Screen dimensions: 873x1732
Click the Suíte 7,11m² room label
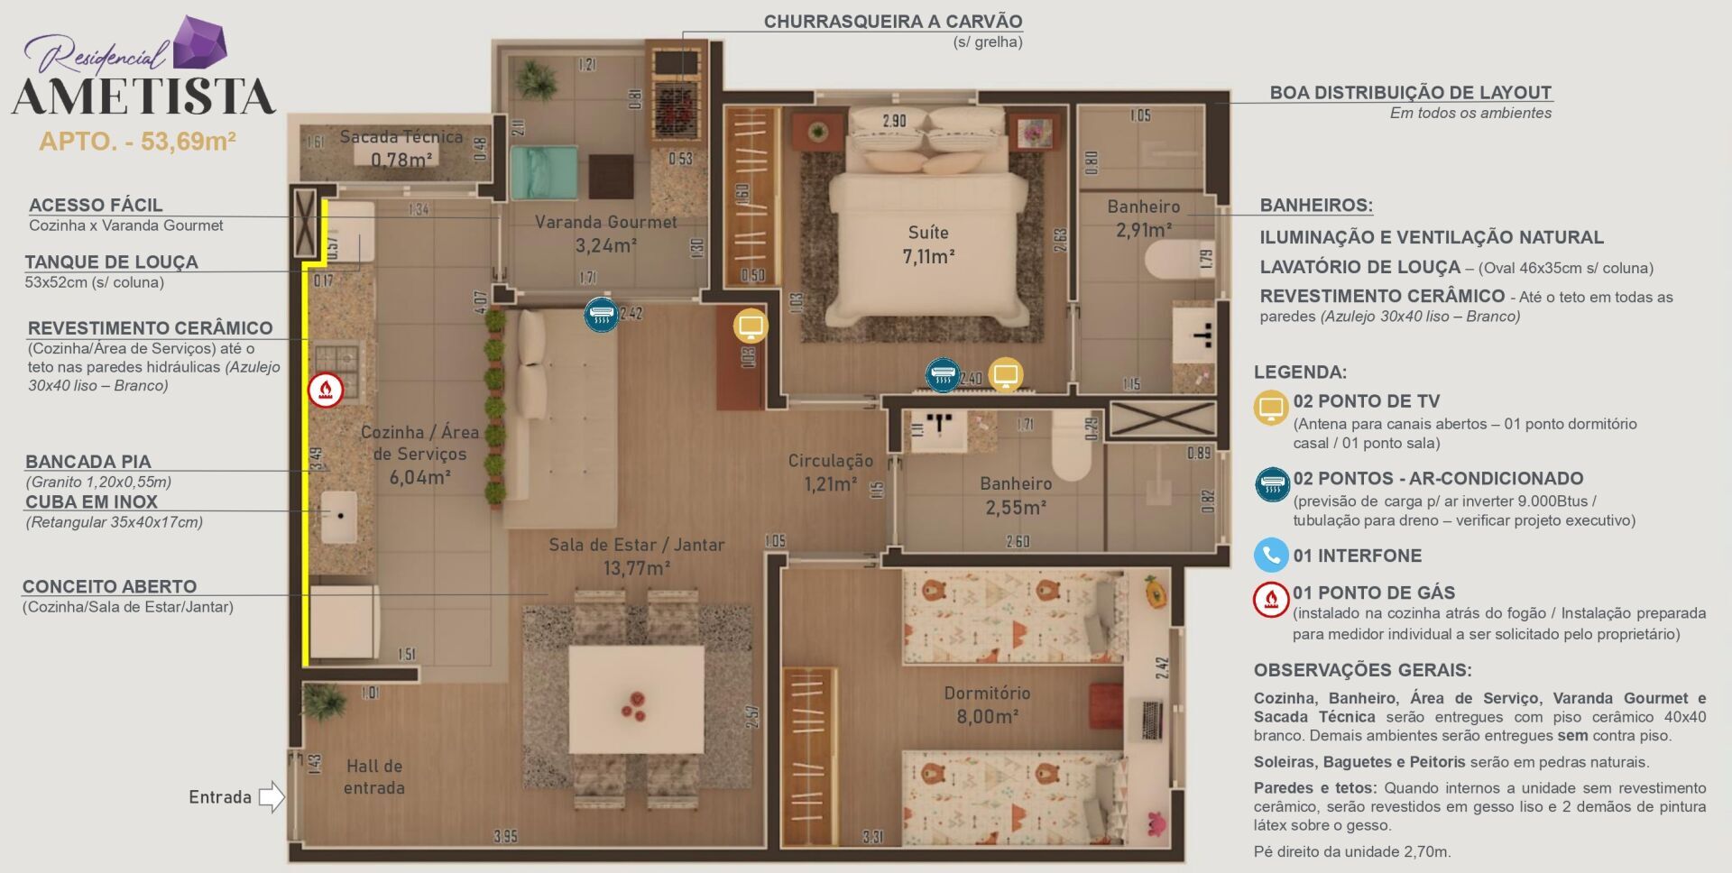point(928,244)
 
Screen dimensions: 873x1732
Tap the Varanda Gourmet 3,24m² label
point(605,234)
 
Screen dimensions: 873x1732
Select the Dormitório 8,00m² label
point(987,704)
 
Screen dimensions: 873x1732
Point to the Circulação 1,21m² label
point(830,472)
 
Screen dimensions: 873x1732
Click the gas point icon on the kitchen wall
point(326,390)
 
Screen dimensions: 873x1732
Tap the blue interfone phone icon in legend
point(1270,555)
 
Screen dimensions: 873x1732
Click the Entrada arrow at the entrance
point(271,796)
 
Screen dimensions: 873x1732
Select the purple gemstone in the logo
point(199,41)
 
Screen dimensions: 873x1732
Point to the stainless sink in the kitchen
point(339,516)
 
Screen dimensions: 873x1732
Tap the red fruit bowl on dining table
point(633,705)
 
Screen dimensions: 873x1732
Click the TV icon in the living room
point(750,326)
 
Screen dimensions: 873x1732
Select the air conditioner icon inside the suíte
point(943,374)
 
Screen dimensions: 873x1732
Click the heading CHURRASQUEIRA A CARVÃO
point(892,22)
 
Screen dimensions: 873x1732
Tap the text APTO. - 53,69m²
point(137,142)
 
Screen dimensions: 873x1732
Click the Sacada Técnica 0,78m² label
point(401,148)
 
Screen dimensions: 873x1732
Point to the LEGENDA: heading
point(1300,372)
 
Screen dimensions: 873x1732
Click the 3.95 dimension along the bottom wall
point(505,836)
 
